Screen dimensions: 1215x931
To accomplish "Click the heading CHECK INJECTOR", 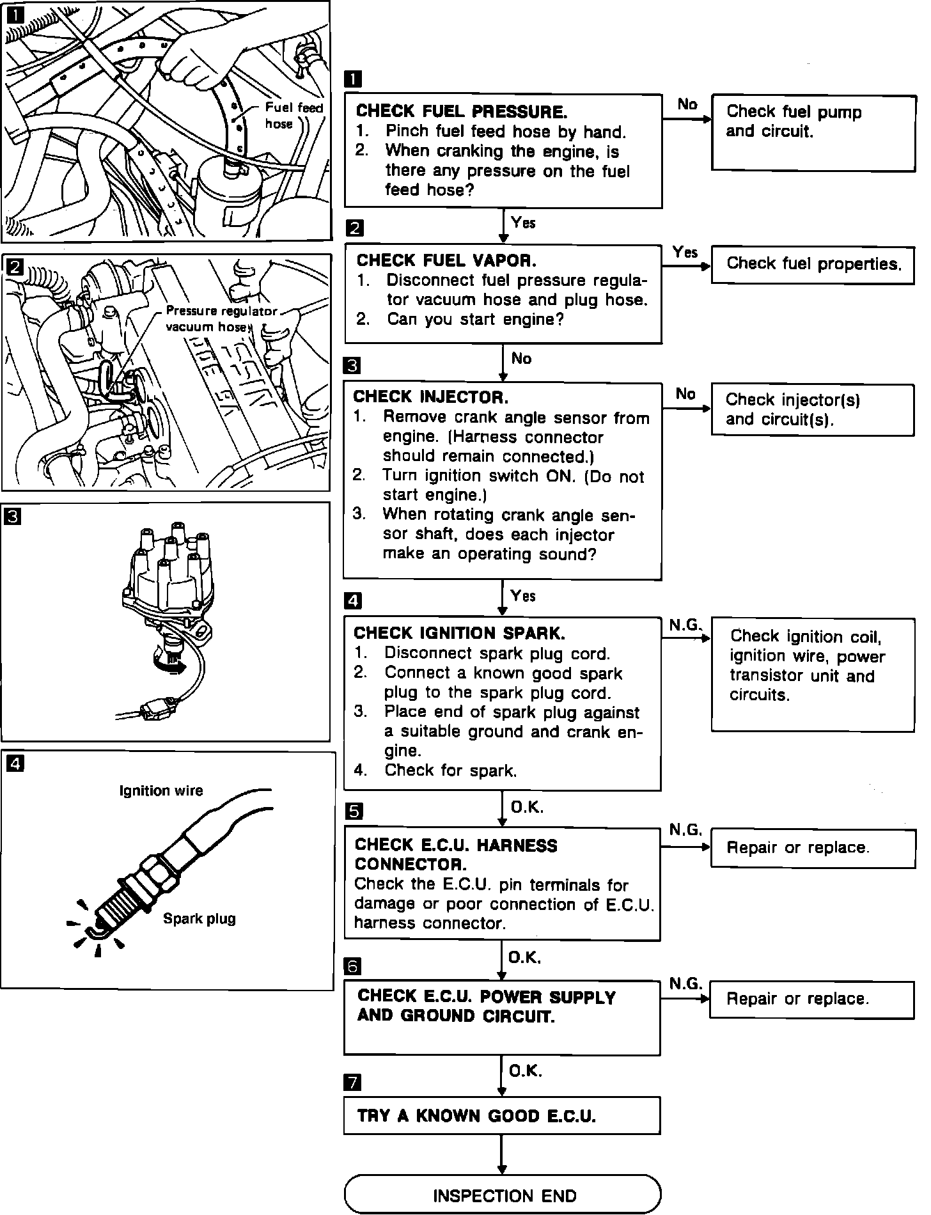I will [x=431, y=398].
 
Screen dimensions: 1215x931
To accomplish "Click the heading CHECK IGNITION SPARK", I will [x=459, y=634].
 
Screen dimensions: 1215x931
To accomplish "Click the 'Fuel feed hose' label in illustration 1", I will [x=293, y=116].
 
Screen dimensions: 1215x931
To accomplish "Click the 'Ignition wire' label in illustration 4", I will [x=161, y=791].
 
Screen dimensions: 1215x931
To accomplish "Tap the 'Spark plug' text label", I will [x=199, y=919].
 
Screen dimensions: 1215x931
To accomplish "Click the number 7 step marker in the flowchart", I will [x=352, y=1083].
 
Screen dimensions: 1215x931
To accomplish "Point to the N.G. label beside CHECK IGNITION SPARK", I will [x=685, y=625].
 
